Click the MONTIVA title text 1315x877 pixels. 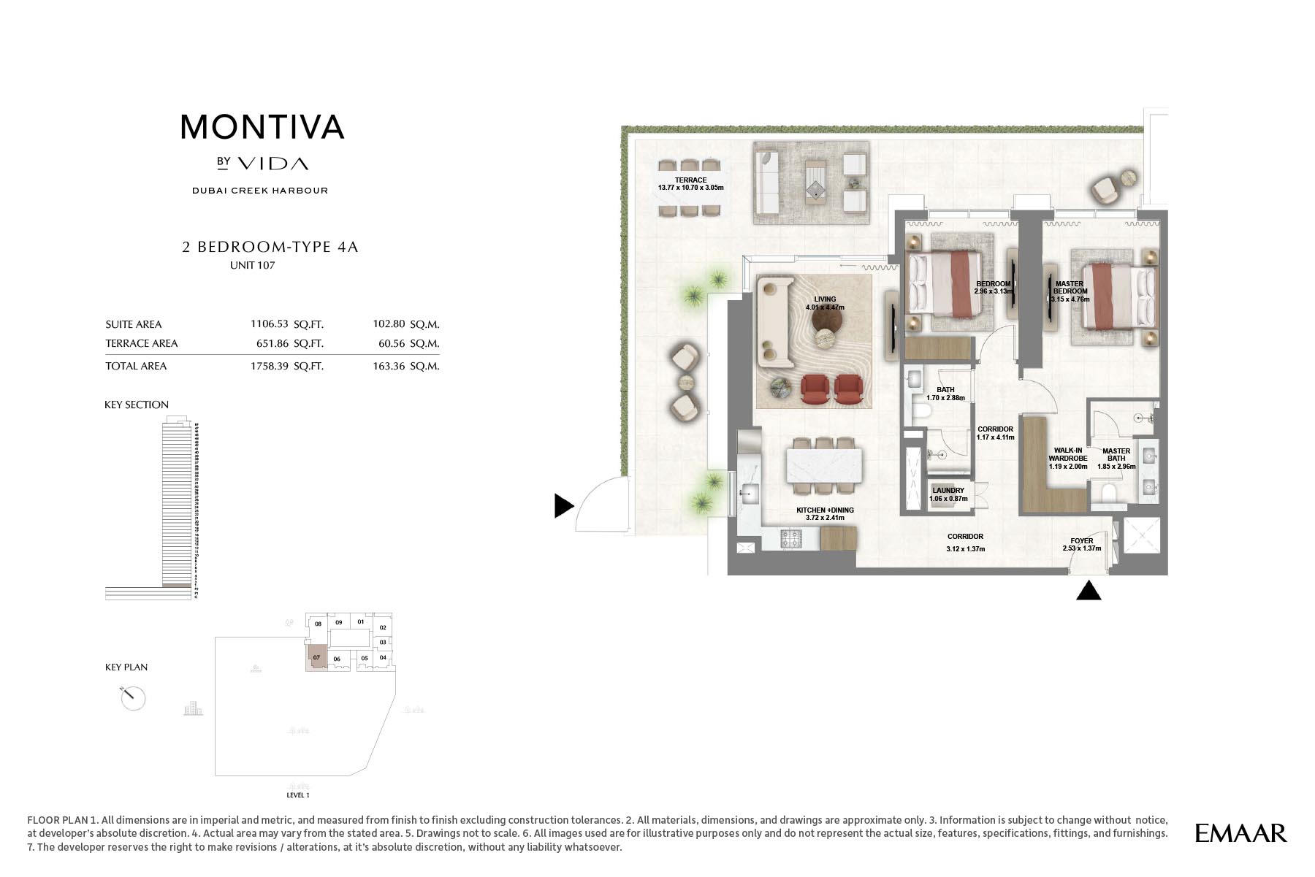click(x=262, y=127)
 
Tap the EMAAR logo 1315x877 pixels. click(x=1240, y=833)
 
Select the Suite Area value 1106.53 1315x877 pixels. click(x=270, y=324)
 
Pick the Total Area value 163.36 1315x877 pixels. click(x=389, y=367)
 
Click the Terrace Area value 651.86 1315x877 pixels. click(x=270, y=343)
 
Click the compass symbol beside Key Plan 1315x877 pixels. click(x=133, y=697)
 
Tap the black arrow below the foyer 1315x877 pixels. click(x=1089, y=590)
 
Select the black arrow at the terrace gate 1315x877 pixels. click(x=563, y=505)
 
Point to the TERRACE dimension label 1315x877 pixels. click(x=690, y=184)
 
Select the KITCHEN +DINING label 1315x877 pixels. click(x=825, y=514)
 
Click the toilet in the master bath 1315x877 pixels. click(x=1109, y=494)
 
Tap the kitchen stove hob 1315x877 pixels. click(x=790, y=540)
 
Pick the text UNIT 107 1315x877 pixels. click(x=252, y=266)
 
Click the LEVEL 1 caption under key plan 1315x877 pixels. click(x=298, y=794)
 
